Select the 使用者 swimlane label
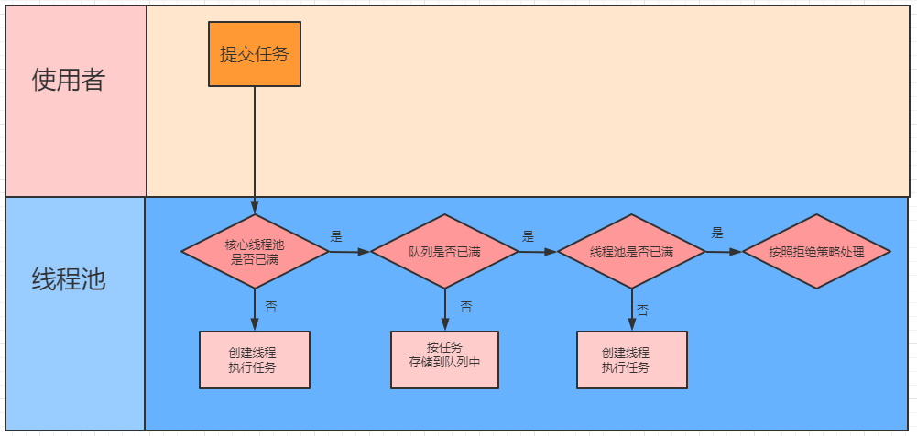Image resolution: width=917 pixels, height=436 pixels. [x=69, y=81]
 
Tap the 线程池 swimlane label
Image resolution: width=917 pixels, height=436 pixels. [x=69, y=278]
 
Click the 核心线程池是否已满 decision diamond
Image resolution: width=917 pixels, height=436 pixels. [x=255, y=252]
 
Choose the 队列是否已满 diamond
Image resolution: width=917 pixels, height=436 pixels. [x=444, y=252]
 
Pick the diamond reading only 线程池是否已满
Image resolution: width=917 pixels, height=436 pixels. [x=631, y=252]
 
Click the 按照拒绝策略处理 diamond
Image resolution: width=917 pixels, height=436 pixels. [x=815, y=252]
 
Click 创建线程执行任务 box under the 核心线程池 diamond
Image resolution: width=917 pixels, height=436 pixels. [x=255, y=360]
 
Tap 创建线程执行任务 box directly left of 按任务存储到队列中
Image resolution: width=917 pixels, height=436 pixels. [x=255, y=360]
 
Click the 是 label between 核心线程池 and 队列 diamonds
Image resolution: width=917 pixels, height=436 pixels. [x=336, y=236]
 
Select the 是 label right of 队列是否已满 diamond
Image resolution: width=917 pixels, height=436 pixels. [x=528, y=235]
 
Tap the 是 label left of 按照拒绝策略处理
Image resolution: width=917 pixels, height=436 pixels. [x=717, y=233]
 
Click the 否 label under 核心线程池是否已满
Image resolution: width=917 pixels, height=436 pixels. [x=271, y=306]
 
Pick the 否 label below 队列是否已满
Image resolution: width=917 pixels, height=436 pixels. [x=465, y=306]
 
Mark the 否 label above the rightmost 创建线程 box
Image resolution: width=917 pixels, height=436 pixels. [x=642, y=311]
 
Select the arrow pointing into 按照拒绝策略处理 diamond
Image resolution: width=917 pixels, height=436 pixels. [x=723, y=252]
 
